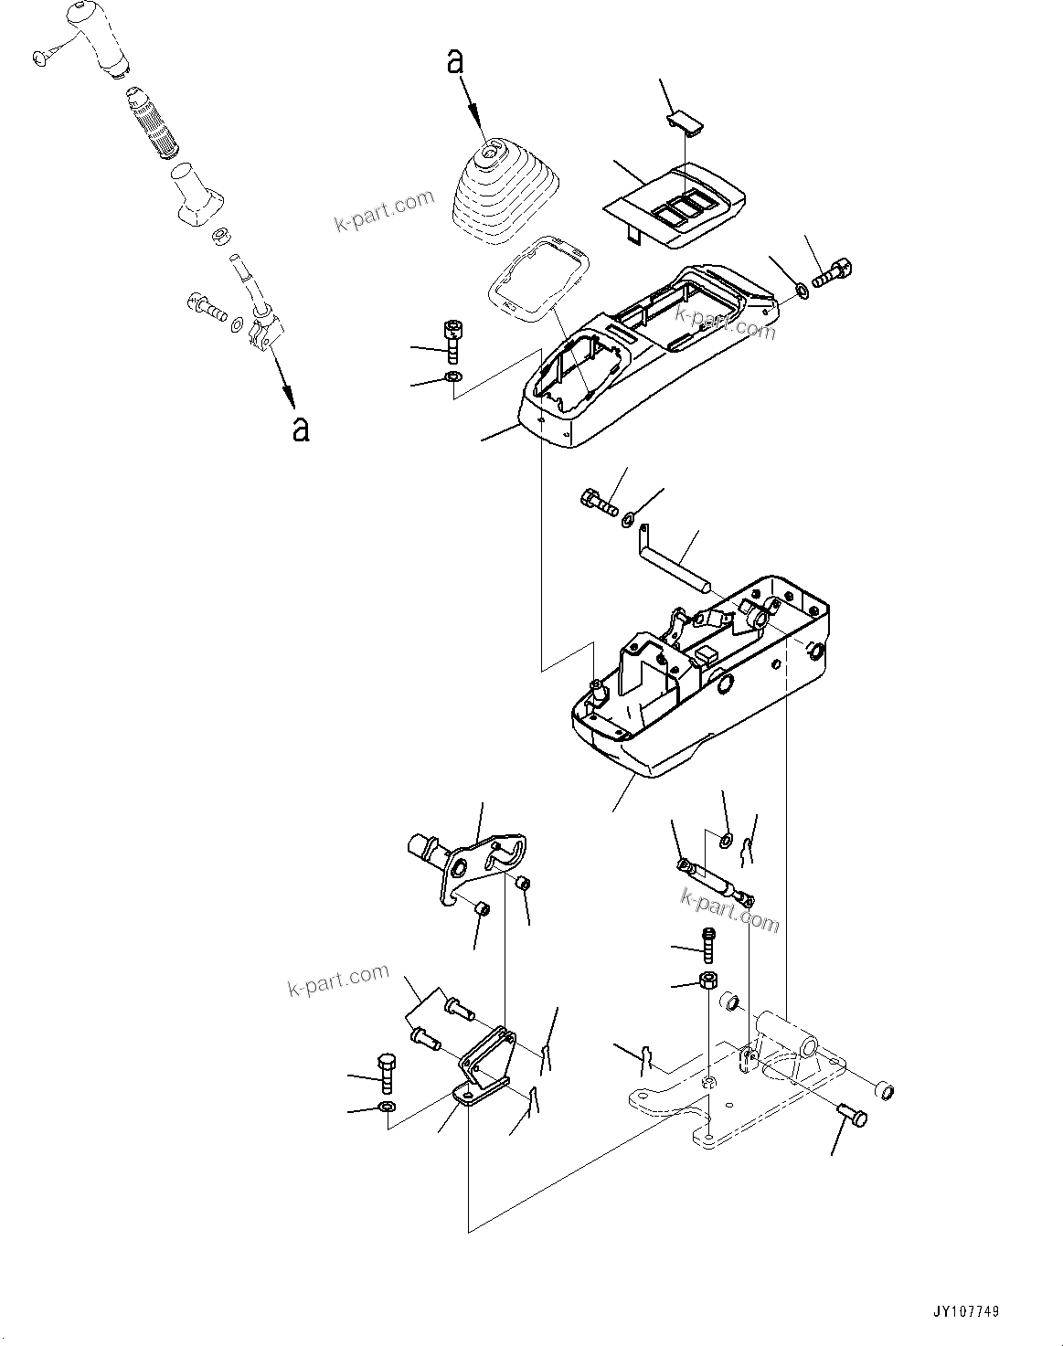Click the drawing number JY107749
(x=965, y=1311)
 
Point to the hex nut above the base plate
(x=707, y=982)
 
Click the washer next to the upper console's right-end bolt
(x=801, y=290)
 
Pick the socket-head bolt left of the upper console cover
(x=452, y=339)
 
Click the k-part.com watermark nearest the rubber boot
(x=384, y=211)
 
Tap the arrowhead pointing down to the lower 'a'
(x=289, y=397)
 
